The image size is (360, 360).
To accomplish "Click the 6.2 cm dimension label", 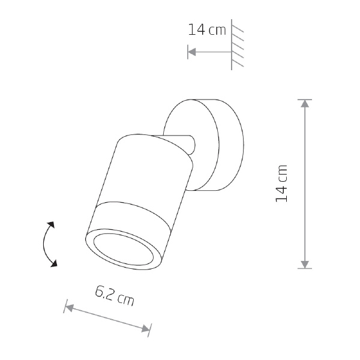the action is [x=115, y=296].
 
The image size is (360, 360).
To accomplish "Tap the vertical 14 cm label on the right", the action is [x=281, y=184].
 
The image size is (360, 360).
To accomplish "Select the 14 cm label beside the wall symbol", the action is [x=207, y=30].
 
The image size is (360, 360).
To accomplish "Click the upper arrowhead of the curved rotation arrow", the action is [x=51, y=225].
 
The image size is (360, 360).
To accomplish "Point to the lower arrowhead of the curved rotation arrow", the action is [x=54, y=263].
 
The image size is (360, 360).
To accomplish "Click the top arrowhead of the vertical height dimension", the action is [x=305, y=104].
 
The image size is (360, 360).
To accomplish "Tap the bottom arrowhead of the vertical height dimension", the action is [x=305, y=265].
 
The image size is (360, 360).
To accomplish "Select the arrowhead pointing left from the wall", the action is [x=192, y=52].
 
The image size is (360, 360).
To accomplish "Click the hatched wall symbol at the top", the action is [x=237, y=44].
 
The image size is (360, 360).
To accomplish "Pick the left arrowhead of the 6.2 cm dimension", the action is [x=70, y=308].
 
